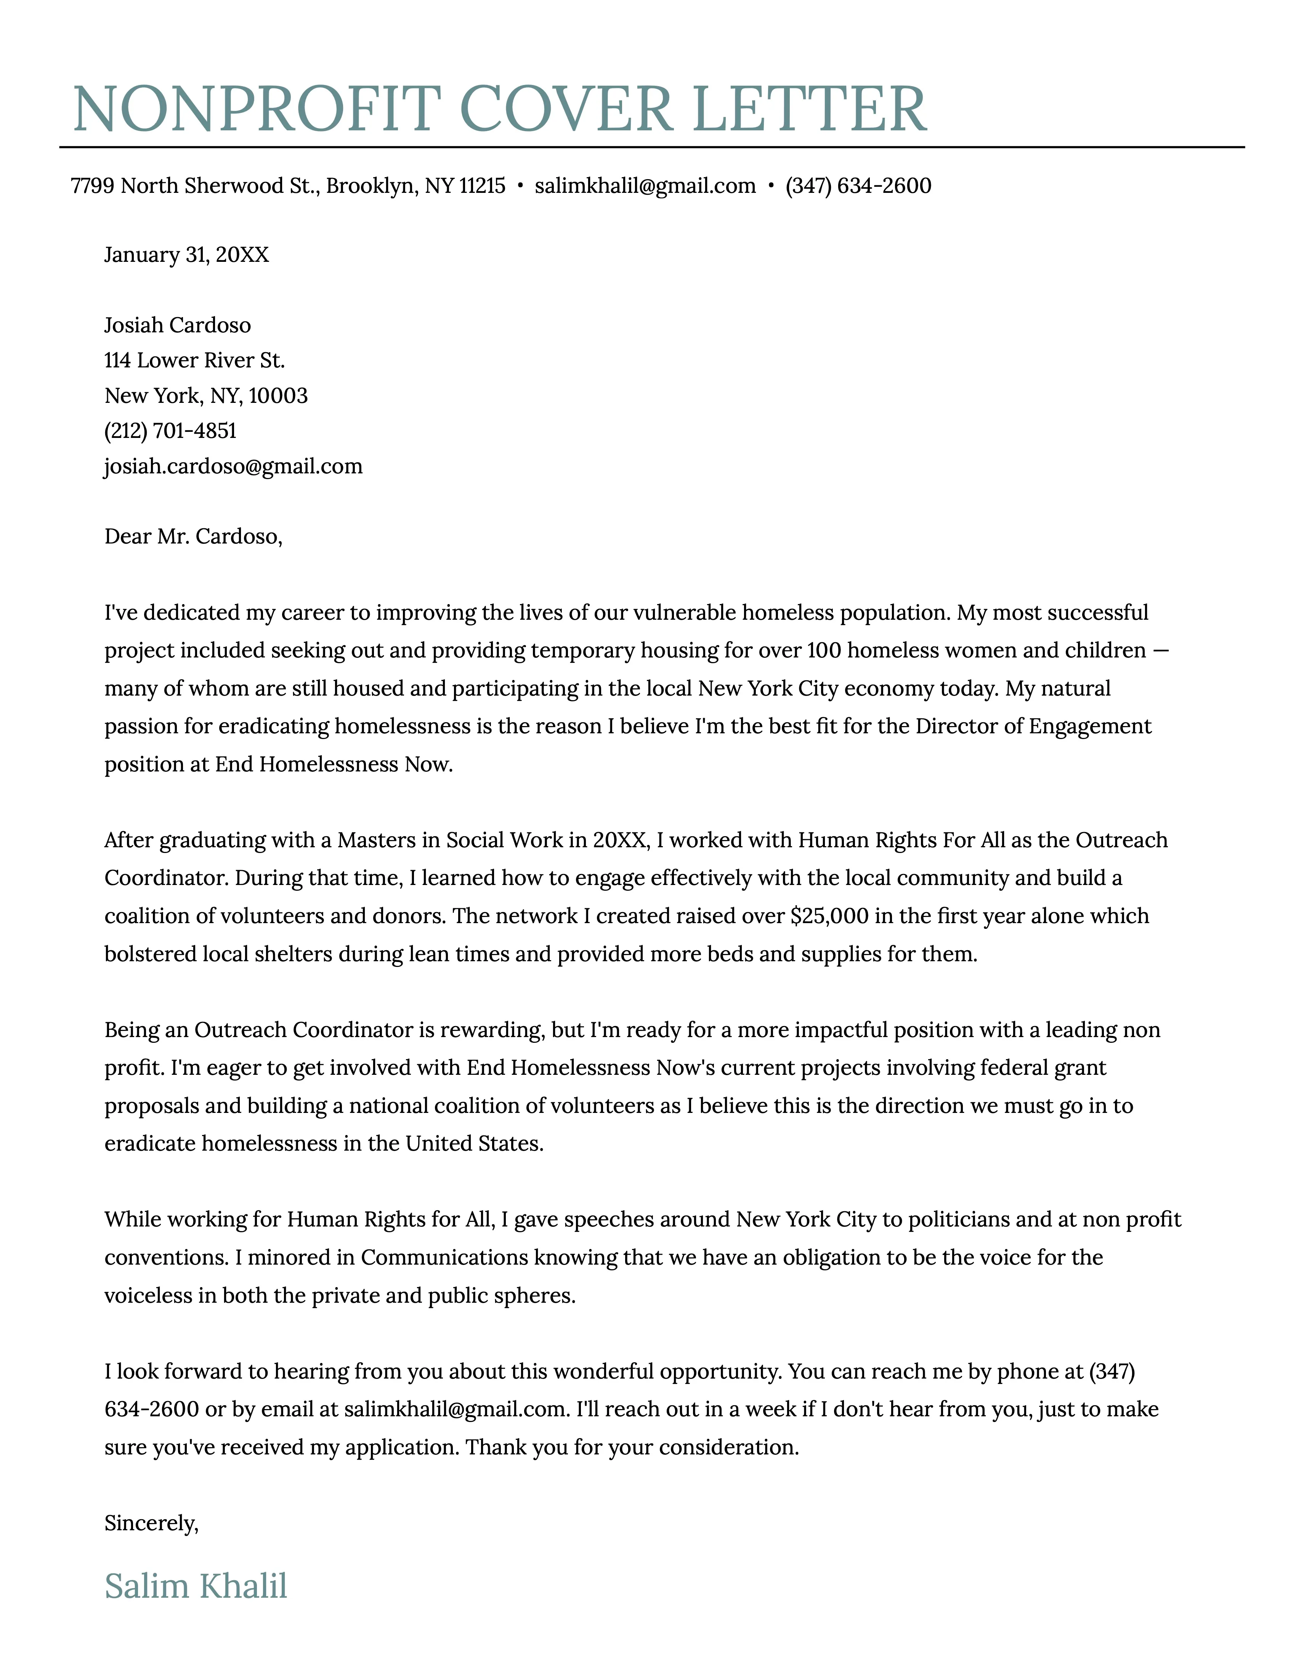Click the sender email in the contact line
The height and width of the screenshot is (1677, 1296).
(x=645, y=186)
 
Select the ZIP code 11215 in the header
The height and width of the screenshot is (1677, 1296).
(x=482, y=186)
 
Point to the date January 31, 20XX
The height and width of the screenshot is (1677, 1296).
(x=186, y=255)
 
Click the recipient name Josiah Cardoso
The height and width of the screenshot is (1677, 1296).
(x=177, y=325)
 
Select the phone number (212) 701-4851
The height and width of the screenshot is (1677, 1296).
(x=170, y=431)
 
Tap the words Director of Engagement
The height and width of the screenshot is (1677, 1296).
(x=1033, y=726)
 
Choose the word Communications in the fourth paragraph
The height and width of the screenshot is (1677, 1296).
(x=444, y=1258)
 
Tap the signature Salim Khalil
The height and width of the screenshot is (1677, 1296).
(x=196, y=1586)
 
